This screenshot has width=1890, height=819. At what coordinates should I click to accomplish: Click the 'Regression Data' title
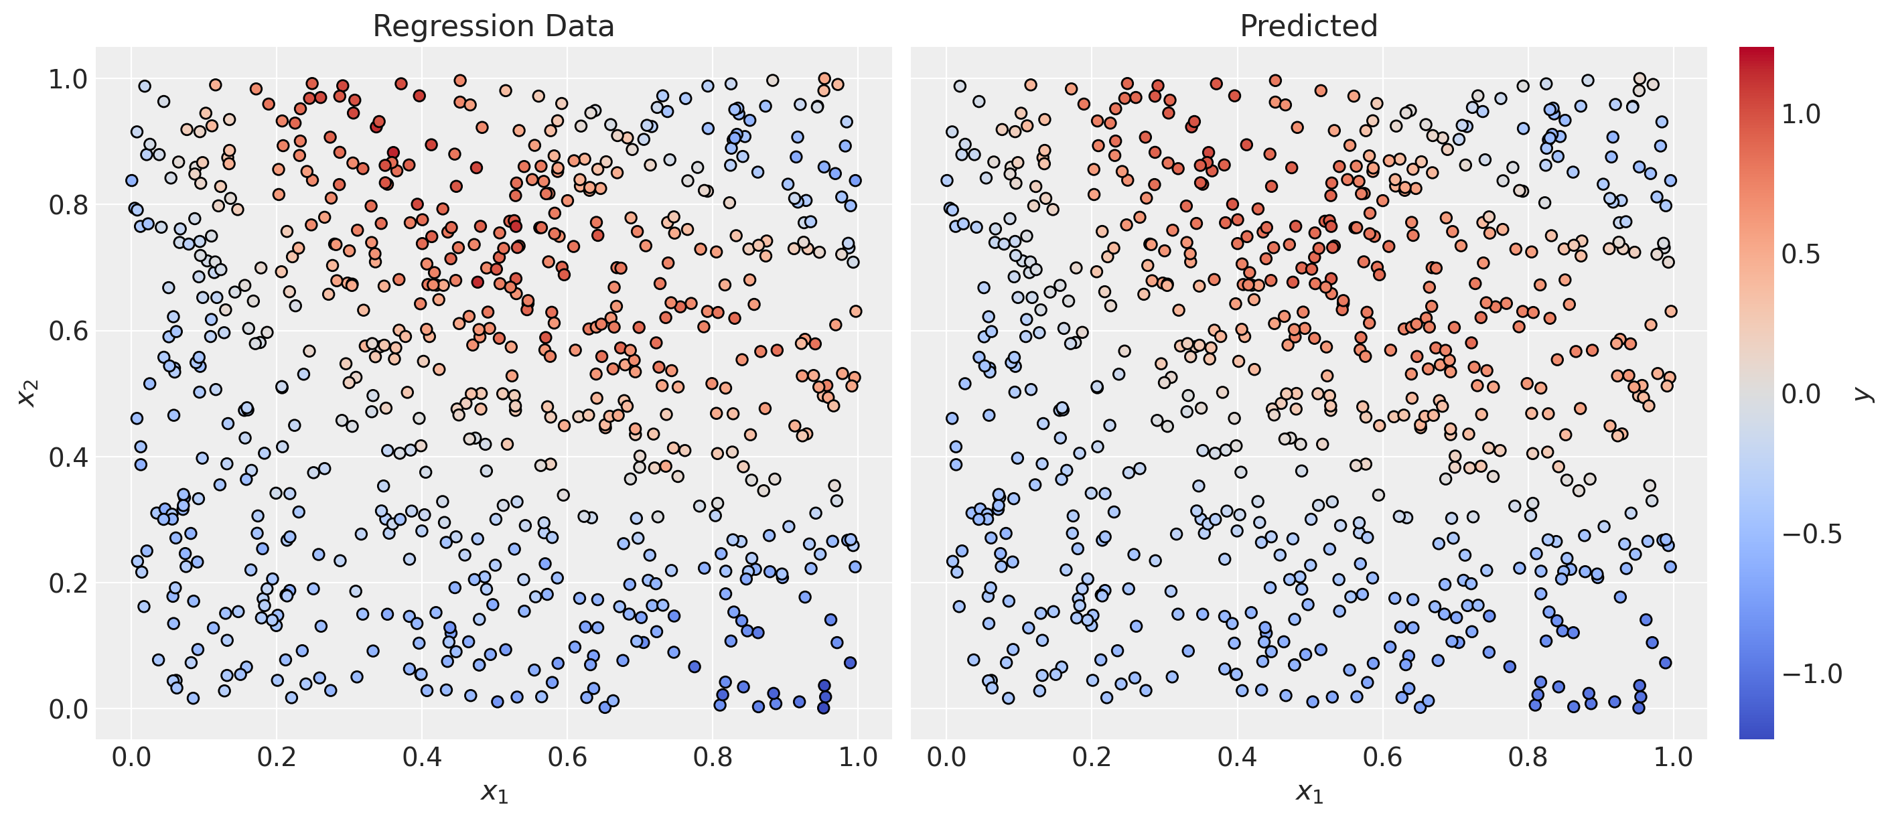coord(493,26)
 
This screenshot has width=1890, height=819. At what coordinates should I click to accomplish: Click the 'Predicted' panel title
coord(1308,26)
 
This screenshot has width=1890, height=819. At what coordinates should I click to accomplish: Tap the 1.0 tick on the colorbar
coord(1801,115)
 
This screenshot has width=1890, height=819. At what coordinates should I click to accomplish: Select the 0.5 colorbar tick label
coord(1801,254)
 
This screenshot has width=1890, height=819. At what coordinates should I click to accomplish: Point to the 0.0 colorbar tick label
coord(1801,394)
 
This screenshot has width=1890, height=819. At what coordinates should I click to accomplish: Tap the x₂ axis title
coord(28,394)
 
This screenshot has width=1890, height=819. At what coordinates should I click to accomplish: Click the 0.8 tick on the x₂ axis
coord(68,206)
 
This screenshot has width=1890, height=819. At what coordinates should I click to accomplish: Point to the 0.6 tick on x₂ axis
coord(68,331)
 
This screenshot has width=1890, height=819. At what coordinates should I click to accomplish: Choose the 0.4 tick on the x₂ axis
coord(68,457)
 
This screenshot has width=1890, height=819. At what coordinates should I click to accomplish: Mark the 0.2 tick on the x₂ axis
coord(68,583)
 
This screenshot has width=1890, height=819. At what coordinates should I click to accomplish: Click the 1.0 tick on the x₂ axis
coord(68,79)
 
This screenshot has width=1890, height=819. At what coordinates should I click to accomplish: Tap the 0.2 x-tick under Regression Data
coord(277,757)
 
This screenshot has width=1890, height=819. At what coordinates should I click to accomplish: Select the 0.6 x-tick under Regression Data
coord(568,757)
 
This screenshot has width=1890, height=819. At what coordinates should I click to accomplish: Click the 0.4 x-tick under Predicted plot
coord(1237,757)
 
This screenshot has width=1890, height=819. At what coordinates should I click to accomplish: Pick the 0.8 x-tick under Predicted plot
coord(1528,757)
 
